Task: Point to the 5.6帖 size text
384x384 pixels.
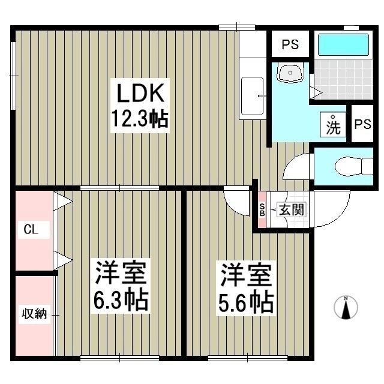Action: pos(246,302)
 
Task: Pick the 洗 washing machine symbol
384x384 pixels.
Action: pos(333,126)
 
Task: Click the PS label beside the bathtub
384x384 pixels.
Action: pos(291,44)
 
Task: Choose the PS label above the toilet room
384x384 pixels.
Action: pos(362,124)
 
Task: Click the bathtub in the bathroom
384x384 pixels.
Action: pos(343,44)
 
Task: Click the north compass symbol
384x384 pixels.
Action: pos(346,307)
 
